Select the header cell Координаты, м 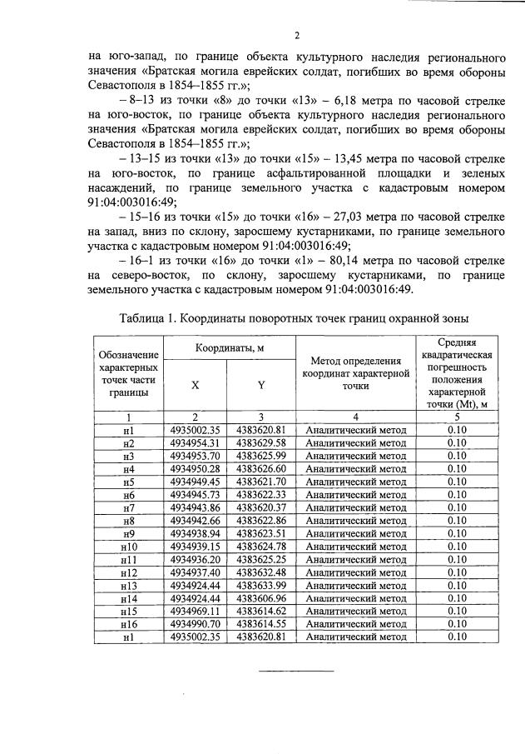(228, 347)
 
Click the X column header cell (195, 386)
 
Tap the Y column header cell (261, 386)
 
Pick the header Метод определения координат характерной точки (355, 372)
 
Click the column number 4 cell (355, 417)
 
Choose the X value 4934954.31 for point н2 (195, 442)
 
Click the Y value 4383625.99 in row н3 (261, 456)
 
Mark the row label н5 (128, 482)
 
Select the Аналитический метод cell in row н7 (355, 507)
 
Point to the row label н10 (128, 547)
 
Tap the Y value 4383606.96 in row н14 (261, 598)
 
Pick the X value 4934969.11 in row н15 (195, 611)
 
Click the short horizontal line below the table (295, 671)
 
